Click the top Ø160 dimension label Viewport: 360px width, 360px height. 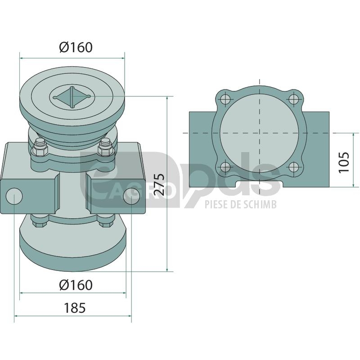pyautogui.click(x=76, y=47)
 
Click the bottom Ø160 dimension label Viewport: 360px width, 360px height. pyautogui.click(x=76, y=285)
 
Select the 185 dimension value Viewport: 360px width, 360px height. pyautogui.click(x=75, y=308)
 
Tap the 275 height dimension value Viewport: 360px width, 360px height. pyautogui.click(x=159, y=184)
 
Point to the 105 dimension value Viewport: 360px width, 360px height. pyautogui.click(x=344, y=162)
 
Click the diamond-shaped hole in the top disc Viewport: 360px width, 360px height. pyautogui.click(x=72, y=97)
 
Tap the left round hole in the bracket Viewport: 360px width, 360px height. pyautogui.click(x=14, y=197)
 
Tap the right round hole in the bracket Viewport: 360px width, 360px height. pyautogui.click(x=132, y=196)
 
